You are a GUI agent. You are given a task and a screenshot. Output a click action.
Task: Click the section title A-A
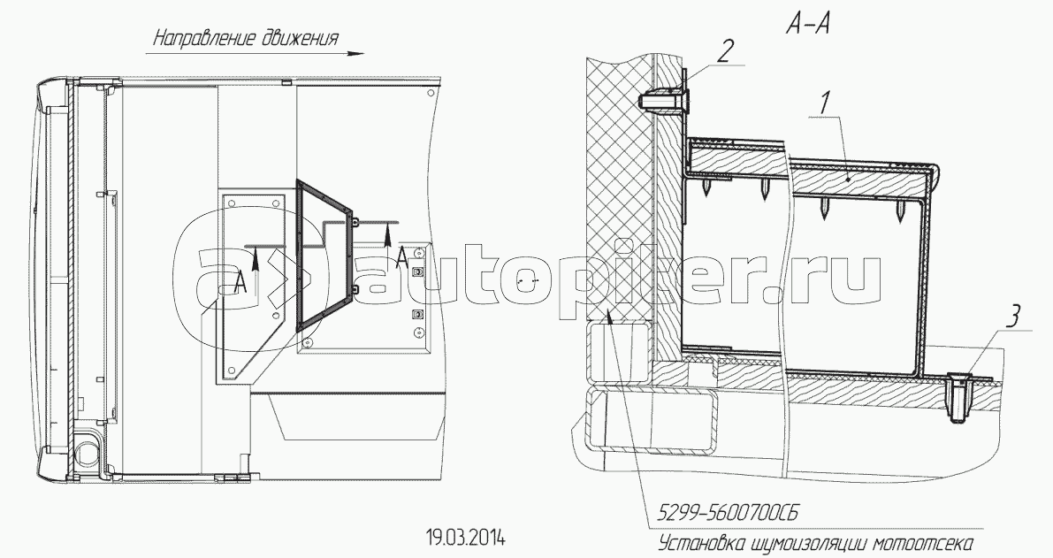(809, 25)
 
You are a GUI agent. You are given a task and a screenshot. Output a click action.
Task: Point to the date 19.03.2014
(466, 538)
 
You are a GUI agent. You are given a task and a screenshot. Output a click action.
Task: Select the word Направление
(202, 38)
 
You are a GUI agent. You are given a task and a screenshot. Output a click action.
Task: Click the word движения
(296, 38)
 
